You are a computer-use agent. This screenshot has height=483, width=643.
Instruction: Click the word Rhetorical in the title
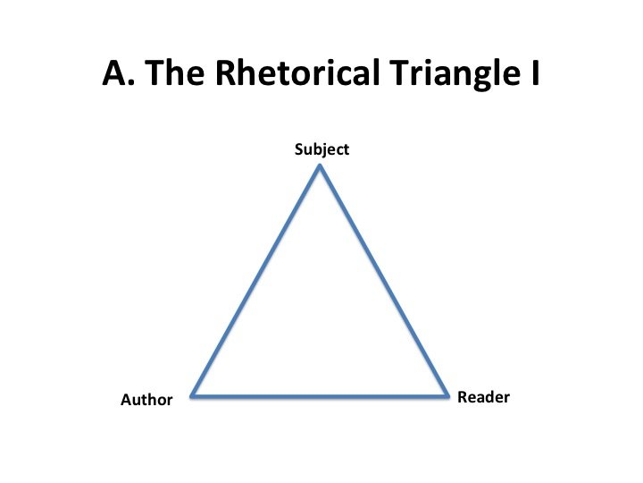[x=297, y=72]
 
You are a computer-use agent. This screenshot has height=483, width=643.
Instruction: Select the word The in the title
[x=175, y=72]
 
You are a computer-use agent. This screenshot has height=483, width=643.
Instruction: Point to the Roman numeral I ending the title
[x=535, y=73]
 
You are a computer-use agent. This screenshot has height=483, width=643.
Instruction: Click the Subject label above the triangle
[x=321, y=149]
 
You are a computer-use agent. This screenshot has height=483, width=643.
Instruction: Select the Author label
[x=146, y=400]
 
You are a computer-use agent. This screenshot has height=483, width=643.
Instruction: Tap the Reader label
[x=483, y=397]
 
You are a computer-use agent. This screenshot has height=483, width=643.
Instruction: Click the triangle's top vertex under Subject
[x=320, y=165]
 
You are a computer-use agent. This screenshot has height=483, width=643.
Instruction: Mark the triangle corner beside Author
[x=191, y=396]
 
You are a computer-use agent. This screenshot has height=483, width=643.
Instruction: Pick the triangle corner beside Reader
[x=447, y=396]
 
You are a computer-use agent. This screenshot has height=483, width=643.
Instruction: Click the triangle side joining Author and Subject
[x=255, y=281]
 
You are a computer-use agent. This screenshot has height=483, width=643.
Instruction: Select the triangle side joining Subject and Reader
[x=384, y=281]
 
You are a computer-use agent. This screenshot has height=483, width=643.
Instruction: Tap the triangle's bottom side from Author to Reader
[x=320, y=396]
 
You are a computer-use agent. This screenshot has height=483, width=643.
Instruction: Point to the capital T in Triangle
[x=400, y=73]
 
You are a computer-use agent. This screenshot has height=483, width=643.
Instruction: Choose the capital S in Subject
[x=298, y=149]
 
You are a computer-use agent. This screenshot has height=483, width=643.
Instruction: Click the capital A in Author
[x=126, y=400]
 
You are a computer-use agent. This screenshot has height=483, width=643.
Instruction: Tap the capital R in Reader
[x=463, y=397]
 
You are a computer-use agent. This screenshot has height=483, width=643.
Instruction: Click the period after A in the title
[x=131, y=83]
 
